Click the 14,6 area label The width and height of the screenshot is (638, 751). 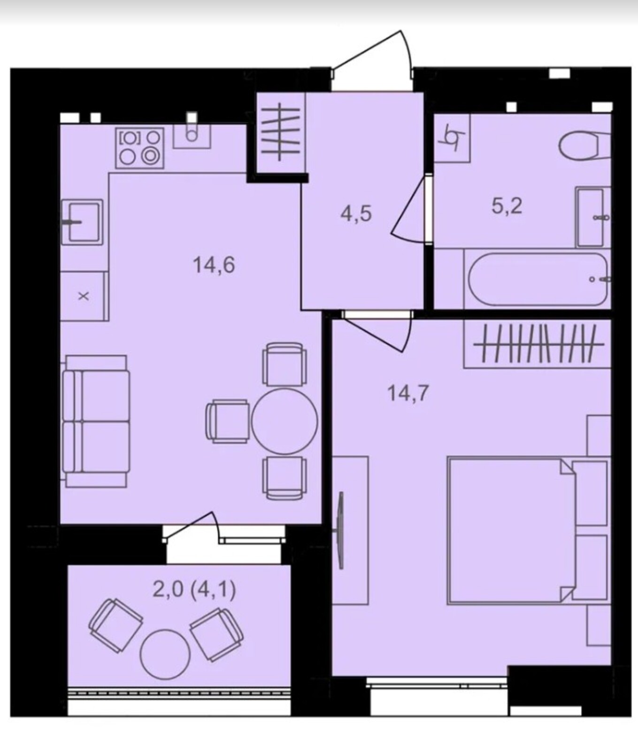pyautogui.click(x=214, y=266)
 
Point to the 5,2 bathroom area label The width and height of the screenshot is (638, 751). pyautogui.click(x=507, y=206)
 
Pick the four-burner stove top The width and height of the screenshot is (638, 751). pyautogui.click(x=140, y=147)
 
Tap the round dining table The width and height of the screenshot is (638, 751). pyautogui.click(x=284, y=421)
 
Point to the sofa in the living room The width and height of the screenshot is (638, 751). pyautogui.click(x=95, y=421)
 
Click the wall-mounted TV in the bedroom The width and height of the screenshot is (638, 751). pyautogui.click(x=340, y=530)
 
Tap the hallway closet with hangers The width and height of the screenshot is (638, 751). pyautogui.click(x=280, y=132)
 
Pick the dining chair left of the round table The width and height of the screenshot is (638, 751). pyautogui.click(x=228, y=421)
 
